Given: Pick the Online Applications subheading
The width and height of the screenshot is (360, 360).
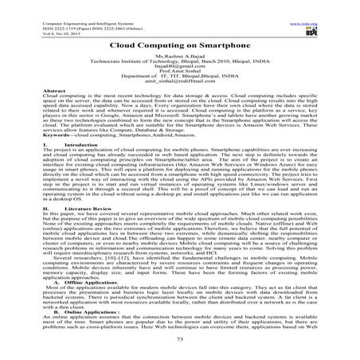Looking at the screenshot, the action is pyautogui.click(x=56, y=312).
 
